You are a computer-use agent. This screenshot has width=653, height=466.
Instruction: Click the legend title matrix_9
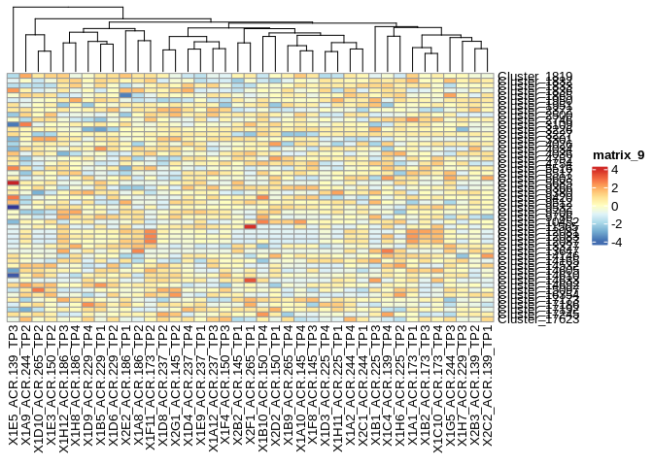tap(618, 155)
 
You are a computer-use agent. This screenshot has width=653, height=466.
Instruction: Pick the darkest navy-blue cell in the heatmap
tap(14, 207)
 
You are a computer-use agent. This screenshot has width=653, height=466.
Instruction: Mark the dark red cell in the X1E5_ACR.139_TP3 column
tap(14, 183)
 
